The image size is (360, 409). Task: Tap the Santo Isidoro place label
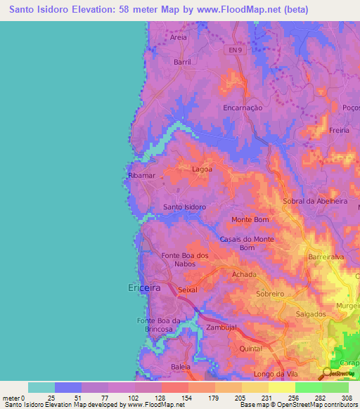click(x=184, y=207)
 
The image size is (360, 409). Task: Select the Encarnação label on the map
click(x=242, y=108)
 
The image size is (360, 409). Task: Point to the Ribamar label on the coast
click(x=141, y=175)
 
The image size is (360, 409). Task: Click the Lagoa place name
click(x=202, y=169)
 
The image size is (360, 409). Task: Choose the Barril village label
click(x=182, y=62)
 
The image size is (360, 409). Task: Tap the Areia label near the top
click(x=179, y=38)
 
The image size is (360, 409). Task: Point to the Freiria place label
click(x=338, y=131)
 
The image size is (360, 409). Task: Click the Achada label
click(x=244, y=274)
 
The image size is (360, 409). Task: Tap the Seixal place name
click(x=188, y=290)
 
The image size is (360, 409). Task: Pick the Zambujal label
click(x=221, y=327)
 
